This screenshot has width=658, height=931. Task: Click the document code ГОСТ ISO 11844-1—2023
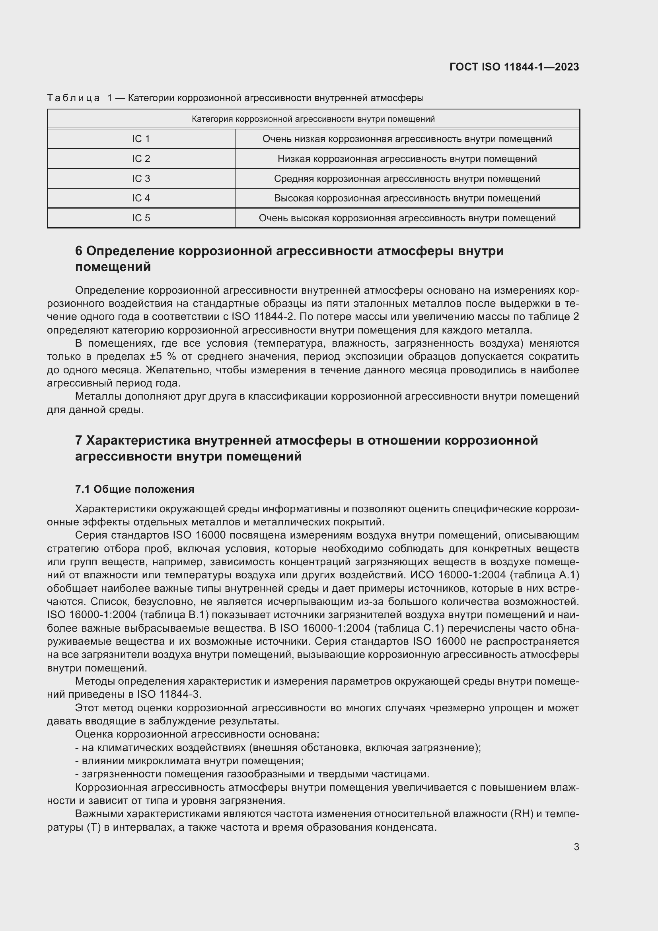[514, 67]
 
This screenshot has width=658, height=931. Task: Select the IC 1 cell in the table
[140, 139]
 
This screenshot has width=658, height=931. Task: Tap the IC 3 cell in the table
[140, 178]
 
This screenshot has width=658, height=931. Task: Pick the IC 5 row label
[140, 218]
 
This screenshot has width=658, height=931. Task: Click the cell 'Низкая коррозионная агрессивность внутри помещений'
[407, 159]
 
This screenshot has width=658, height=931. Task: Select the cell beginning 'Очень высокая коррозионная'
[407, 218]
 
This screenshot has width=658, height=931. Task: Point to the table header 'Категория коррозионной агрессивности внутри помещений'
[313, 119]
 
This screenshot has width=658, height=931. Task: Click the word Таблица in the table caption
[73, 98]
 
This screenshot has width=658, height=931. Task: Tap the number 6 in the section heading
[79, 251]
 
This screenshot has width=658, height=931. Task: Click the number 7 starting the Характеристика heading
[79, 440]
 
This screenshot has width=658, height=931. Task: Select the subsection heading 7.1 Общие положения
[134, 489]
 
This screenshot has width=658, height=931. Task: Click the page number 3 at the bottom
[576, 847]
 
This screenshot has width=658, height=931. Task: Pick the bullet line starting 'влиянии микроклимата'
[189, 761]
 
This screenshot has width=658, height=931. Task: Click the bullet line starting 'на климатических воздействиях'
[278, 748]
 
